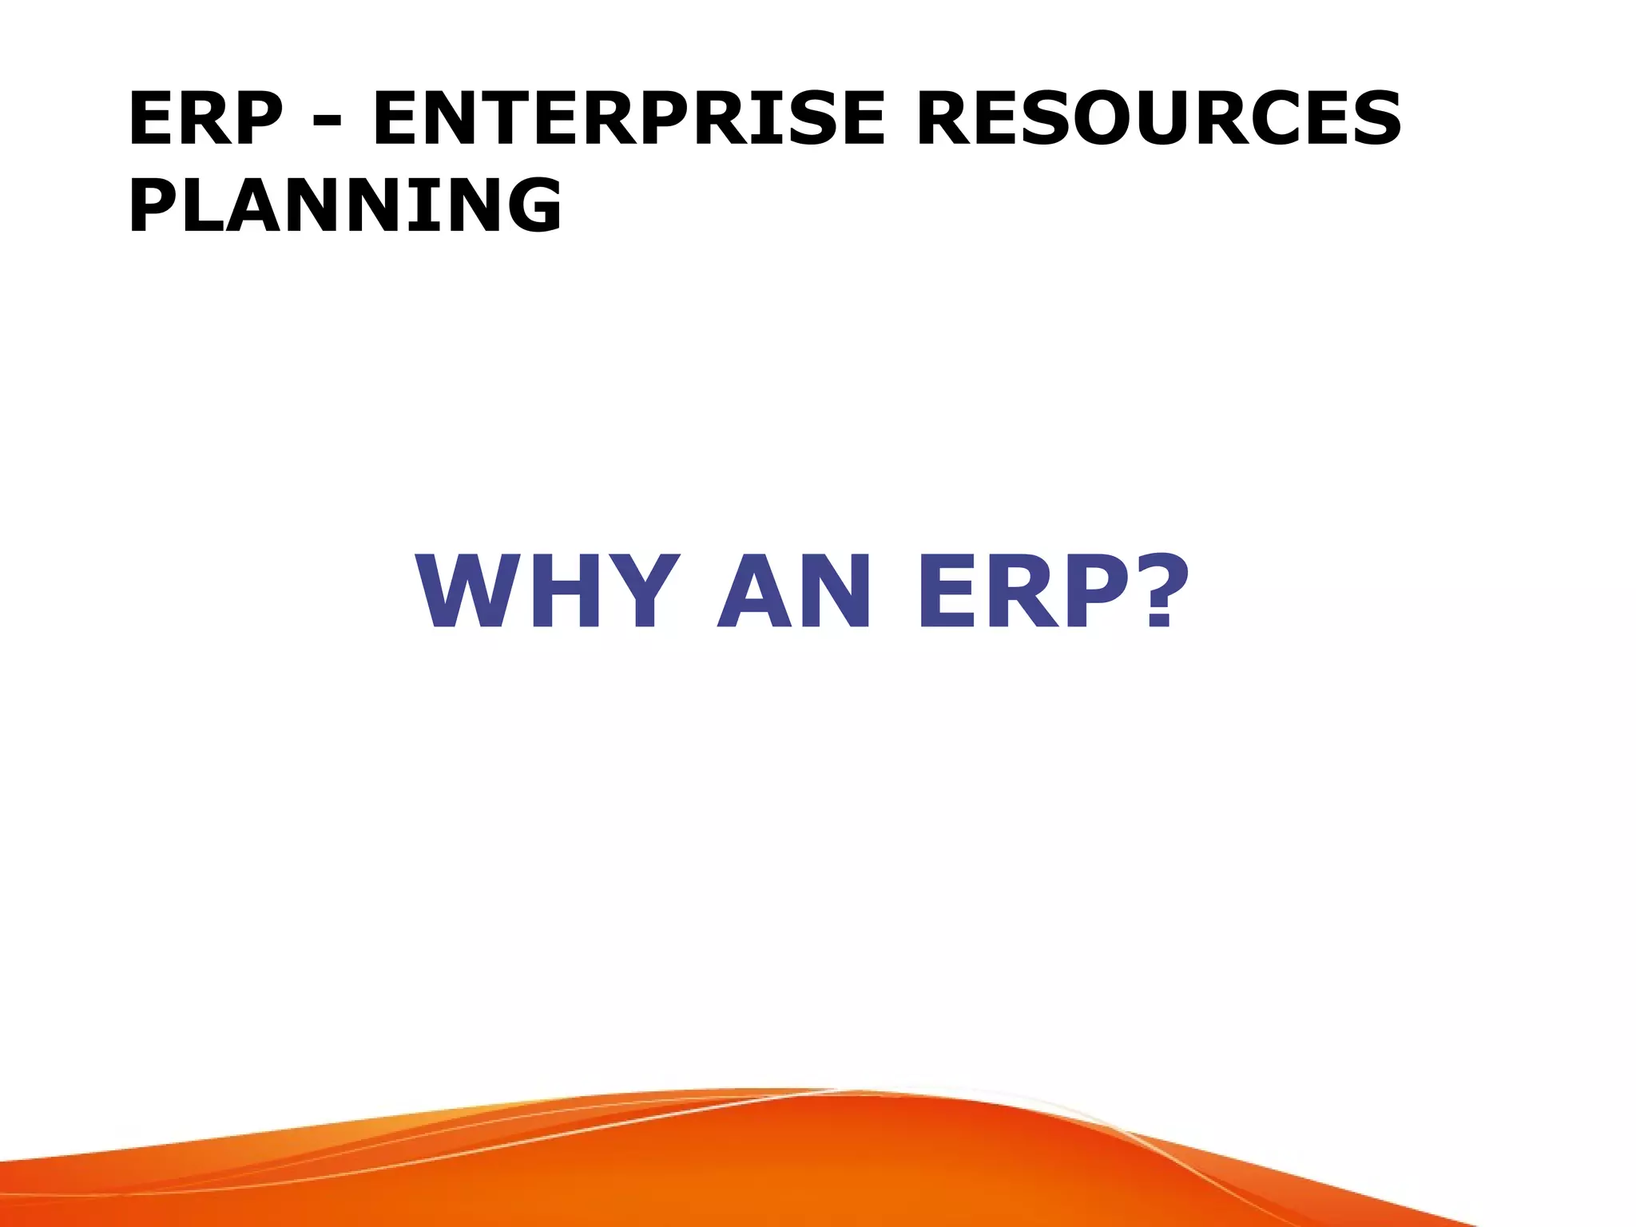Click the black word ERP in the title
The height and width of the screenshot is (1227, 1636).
click(x=205, y=119)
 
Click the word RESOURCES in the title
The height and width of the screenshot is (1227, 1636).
click(x=1158, y=119)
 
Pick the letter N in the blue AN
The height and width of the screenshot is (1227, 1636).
click(x=833, y=592)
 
